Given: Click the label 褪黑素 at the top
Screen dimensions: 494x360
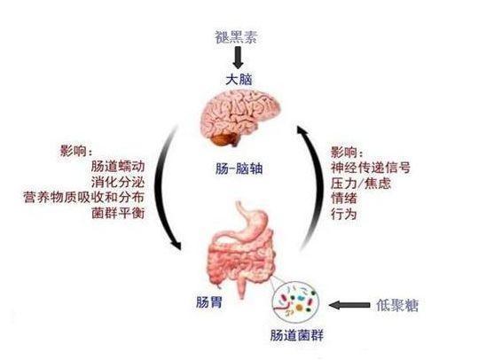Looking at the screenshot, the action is coord(236,37).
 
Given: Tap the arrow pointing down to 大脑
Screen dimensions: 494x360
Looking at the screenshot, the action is coord(238,58).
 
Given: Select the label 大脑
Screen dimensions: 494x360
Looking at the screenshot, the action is coord(239,79).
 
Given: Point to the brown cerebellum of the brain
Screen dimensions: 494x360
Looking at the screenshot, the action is coord(224,139).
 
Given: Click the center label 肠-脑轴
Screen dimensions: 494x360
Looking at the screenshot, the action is coord(239,169).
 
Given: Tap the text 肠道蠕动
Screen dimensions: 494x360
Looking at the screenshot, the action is coord(118,166).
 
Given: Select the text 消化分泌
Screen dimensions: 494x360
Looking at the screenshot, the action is coord(118,182).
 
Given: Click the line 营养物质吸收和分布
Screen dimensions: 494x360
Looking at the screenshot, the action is coord(84,198).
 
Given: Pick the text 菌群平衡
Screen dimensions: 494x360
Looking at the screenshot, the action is coord(118,213).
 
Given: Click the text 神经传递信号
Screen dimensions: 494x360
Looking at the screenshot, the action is coord(371,168).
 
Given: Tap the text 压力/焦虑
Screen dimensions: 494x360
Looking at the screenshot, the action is coord(361,183).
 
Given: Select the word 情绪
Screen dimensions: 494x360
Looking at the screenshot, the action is coord(344,199).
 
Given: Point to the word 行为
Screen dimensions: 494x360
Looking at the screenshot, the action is coord(344,215).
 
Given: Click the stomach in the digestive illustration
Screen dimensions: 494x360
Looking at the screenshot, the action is coord(252,225).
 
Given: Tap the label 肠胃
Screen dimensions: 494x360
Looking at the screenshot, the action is coord(209,302).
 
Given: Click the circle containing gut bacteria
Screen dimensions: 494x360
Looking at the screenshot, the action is coord(295,301).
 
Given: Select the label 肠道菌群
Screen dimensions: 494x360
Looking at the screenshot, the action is coord(297,335).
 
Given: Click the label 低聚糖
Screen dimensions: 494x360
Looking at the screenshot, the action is coord(397,305).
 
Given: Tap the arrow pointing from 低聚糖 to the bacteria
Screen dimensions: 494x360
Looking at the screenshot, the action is coord(349,305).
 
